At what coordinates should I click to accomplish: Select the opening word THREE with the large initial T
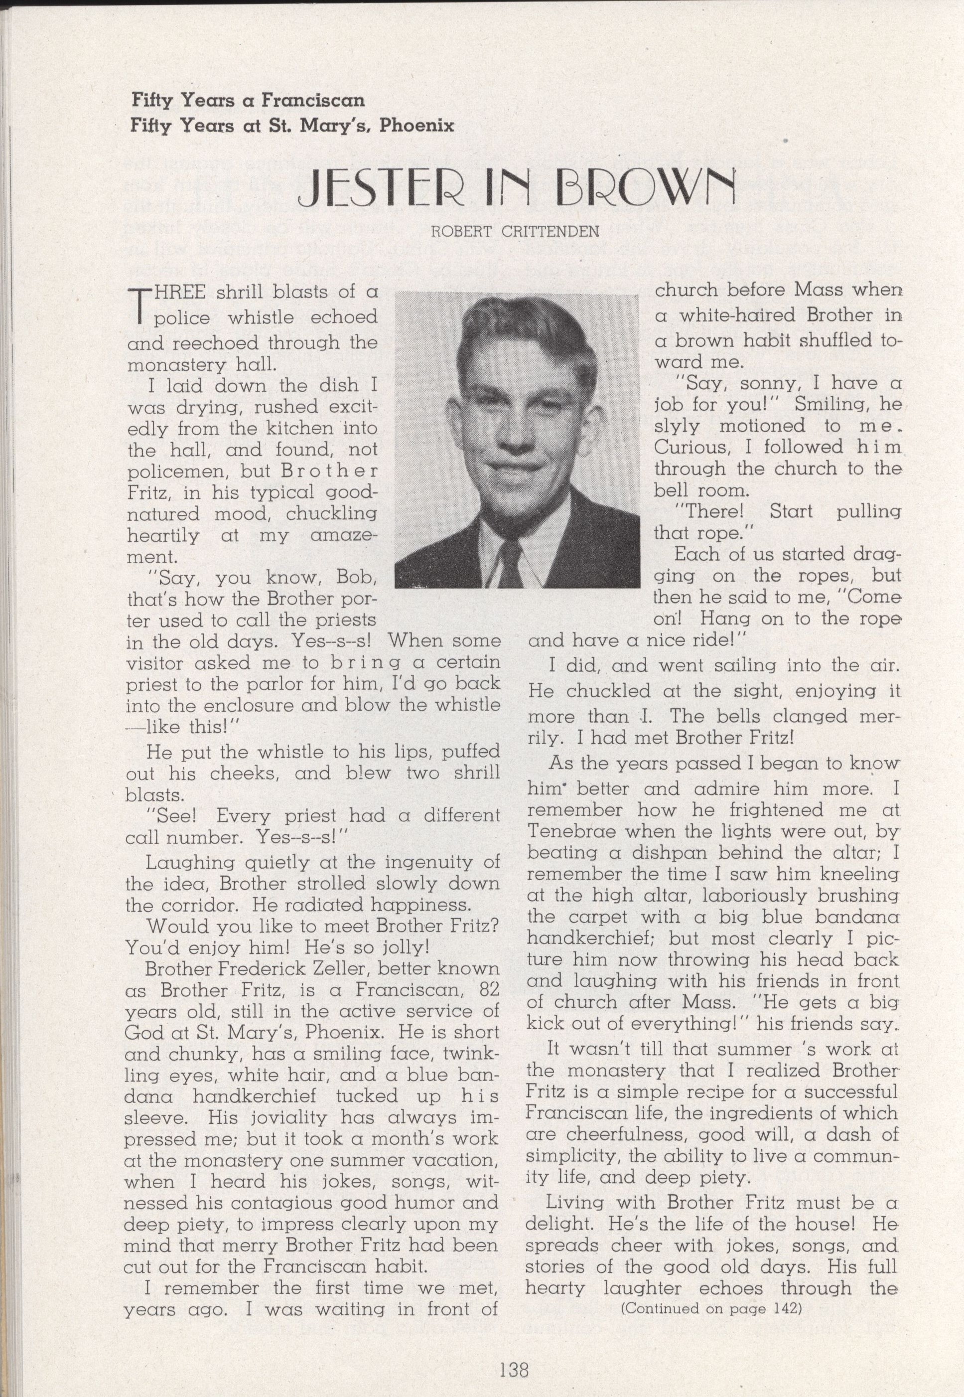pos(170,293)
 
